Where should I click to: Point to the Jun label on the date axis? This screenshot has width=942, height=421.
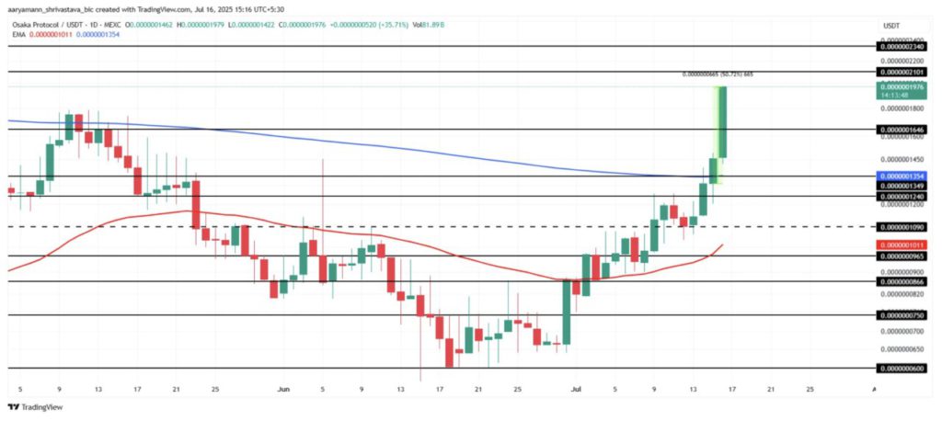(x=283, y=390)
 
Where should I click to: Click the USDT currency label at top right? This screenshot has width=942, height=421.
(x=891, y=25)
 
